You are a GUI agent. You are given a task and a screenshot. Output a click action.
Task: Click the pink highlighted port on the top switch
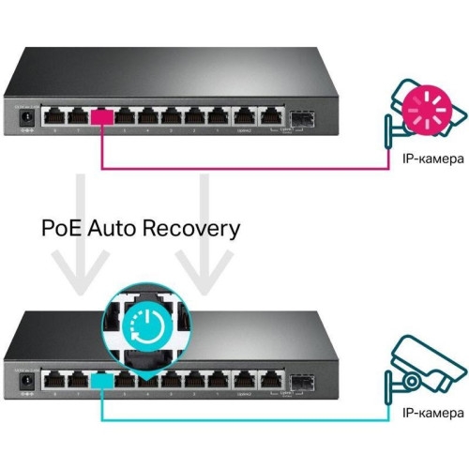(101, 117)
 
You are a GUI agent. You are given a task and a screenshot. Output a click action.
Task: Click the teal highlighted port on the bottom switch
(101, 379)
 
